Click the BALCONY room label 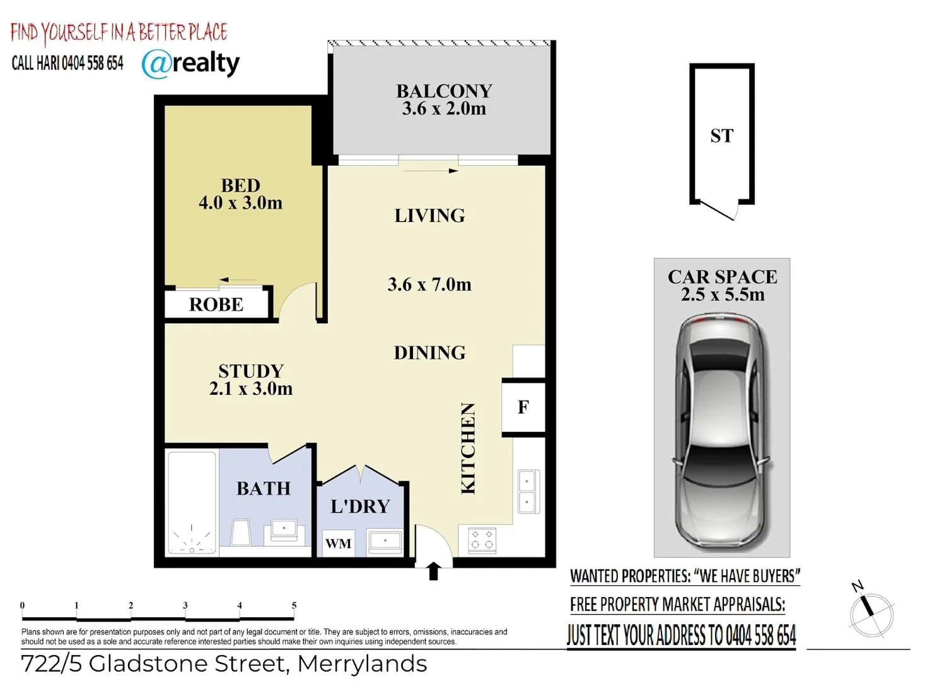444,91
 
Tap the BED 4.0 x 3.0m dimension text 240,203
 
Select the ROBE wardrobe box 216,305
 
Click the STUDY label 251,371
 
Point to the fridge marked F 523,407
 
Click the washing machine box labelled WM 338,544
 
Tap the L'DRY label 360,506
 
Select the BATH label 264,489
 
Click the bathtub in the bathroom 192,503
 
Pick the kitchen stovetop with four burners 482,540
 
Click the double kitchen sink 527,491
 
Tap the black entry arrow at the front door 433,571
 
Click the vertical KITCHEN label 468,448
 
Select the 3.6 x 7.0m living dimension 429,284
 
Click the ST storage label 721,136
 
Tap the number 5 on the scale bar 294,605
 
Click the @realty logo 190,63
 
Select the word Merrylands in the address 362,664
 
